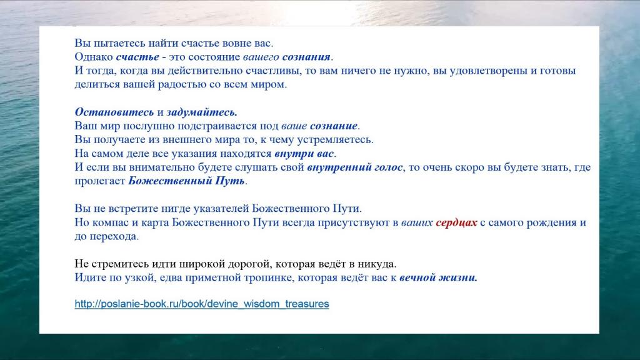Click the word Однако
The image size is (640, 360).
94,57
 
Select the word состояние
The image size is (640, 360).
215,57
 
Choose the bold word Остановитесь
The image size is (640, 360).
114,112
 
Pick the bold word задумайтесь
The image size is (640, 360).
202,112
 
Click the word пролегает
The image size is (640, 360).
99,181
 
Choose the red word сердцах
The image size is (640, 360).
456,223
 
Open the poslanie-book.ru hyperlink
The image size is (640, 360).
202,304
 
